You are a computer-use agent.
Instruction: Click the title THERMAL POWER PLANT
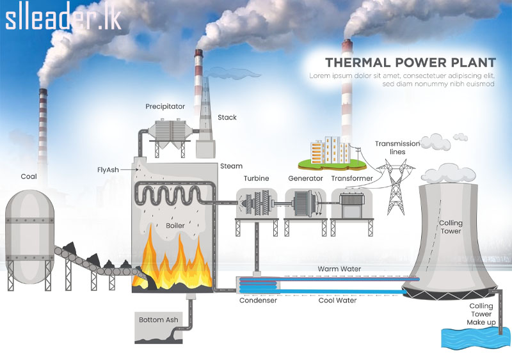tap(410, 63)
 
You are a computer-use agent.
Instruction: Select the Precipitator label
tap(164, 106)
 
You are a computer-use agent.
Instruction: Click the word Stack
tap(227, 118)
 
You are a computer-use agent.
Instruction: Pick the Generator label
tap(305, 178)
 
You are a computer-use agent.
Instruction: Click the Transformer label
tap(352, 178)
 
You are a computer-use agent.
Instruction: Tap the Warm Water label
tap(340, 269)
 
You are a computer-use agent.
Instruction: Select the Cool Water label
tap(337, 300)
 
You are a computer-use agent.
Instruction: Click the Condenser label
tap(258, 300)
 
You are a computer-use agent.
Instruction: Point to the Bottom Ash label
tap(159, 319)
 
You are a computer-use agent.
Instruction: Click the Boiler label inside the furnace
tap(175, 226)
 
